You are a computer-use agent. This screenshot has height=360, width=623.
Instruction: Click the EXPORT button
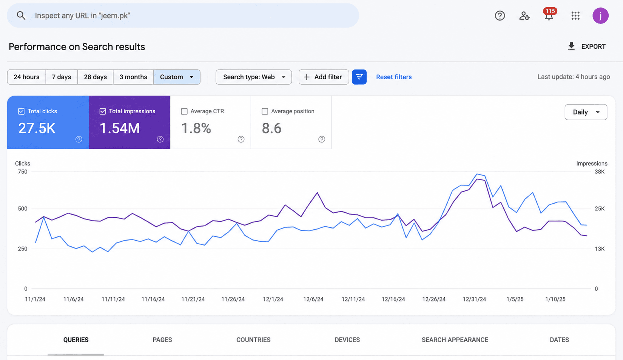[x=587, y=46]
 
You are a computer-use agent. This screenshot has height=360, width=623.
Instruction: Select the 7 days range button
[x=62, y=77]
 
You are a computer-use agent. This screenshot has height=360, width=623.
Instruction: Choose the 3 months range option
[x=133, y=77]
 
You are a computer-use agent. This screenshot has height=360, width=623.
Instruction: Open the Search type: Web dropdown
[x=254, y=77]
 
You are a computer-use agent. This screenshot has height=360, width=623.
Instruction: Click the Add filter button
[x=324, y=77]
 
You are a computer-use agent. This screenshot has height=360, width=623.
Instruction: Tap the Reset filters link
[x=394, y=77]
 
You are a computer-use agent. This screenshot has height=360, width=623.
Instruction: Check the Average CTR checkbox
[x=184, y=111]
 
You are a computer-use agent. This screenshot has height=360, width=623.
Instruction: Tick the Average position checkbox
[x=265, y=111]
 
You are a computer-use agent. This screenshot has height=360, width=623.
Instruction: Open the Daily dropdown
[x=586, y=112]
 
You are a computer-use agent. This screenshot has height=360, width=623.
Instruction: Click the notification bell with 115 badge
[x=549, y=15]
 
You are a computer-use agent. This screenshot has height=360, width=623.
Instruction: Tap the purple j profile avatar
[x=600, y=15]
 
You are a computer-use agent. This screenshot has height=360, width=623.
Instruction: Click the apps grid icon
[x=575, y=15]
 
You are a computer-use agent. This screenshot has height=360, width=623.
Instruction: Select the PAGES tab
[x=162, y=340]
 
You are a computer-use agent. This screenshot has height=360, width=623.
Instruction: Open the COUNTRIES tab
[x=253, y=340]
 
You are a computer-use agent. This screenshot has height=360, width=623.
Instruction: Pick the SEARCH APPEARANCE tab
[x=455, y=340]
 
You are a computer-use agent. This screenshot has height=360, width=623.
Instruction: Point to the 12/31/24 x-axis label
[x=474, y=299]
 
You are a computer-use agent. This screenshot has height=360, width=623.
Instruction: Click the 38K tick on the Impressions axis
[x=600, y=172]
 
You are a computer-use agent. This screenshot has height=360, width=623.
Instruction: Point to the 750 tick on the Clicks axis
[x=23, y=172]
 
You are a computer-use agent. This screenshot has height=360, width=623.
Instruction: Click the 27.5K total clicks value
[x=37, y=128]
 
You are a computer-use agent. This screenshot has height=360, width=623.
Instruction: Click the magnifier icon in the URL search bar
[x=21, y=15]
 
